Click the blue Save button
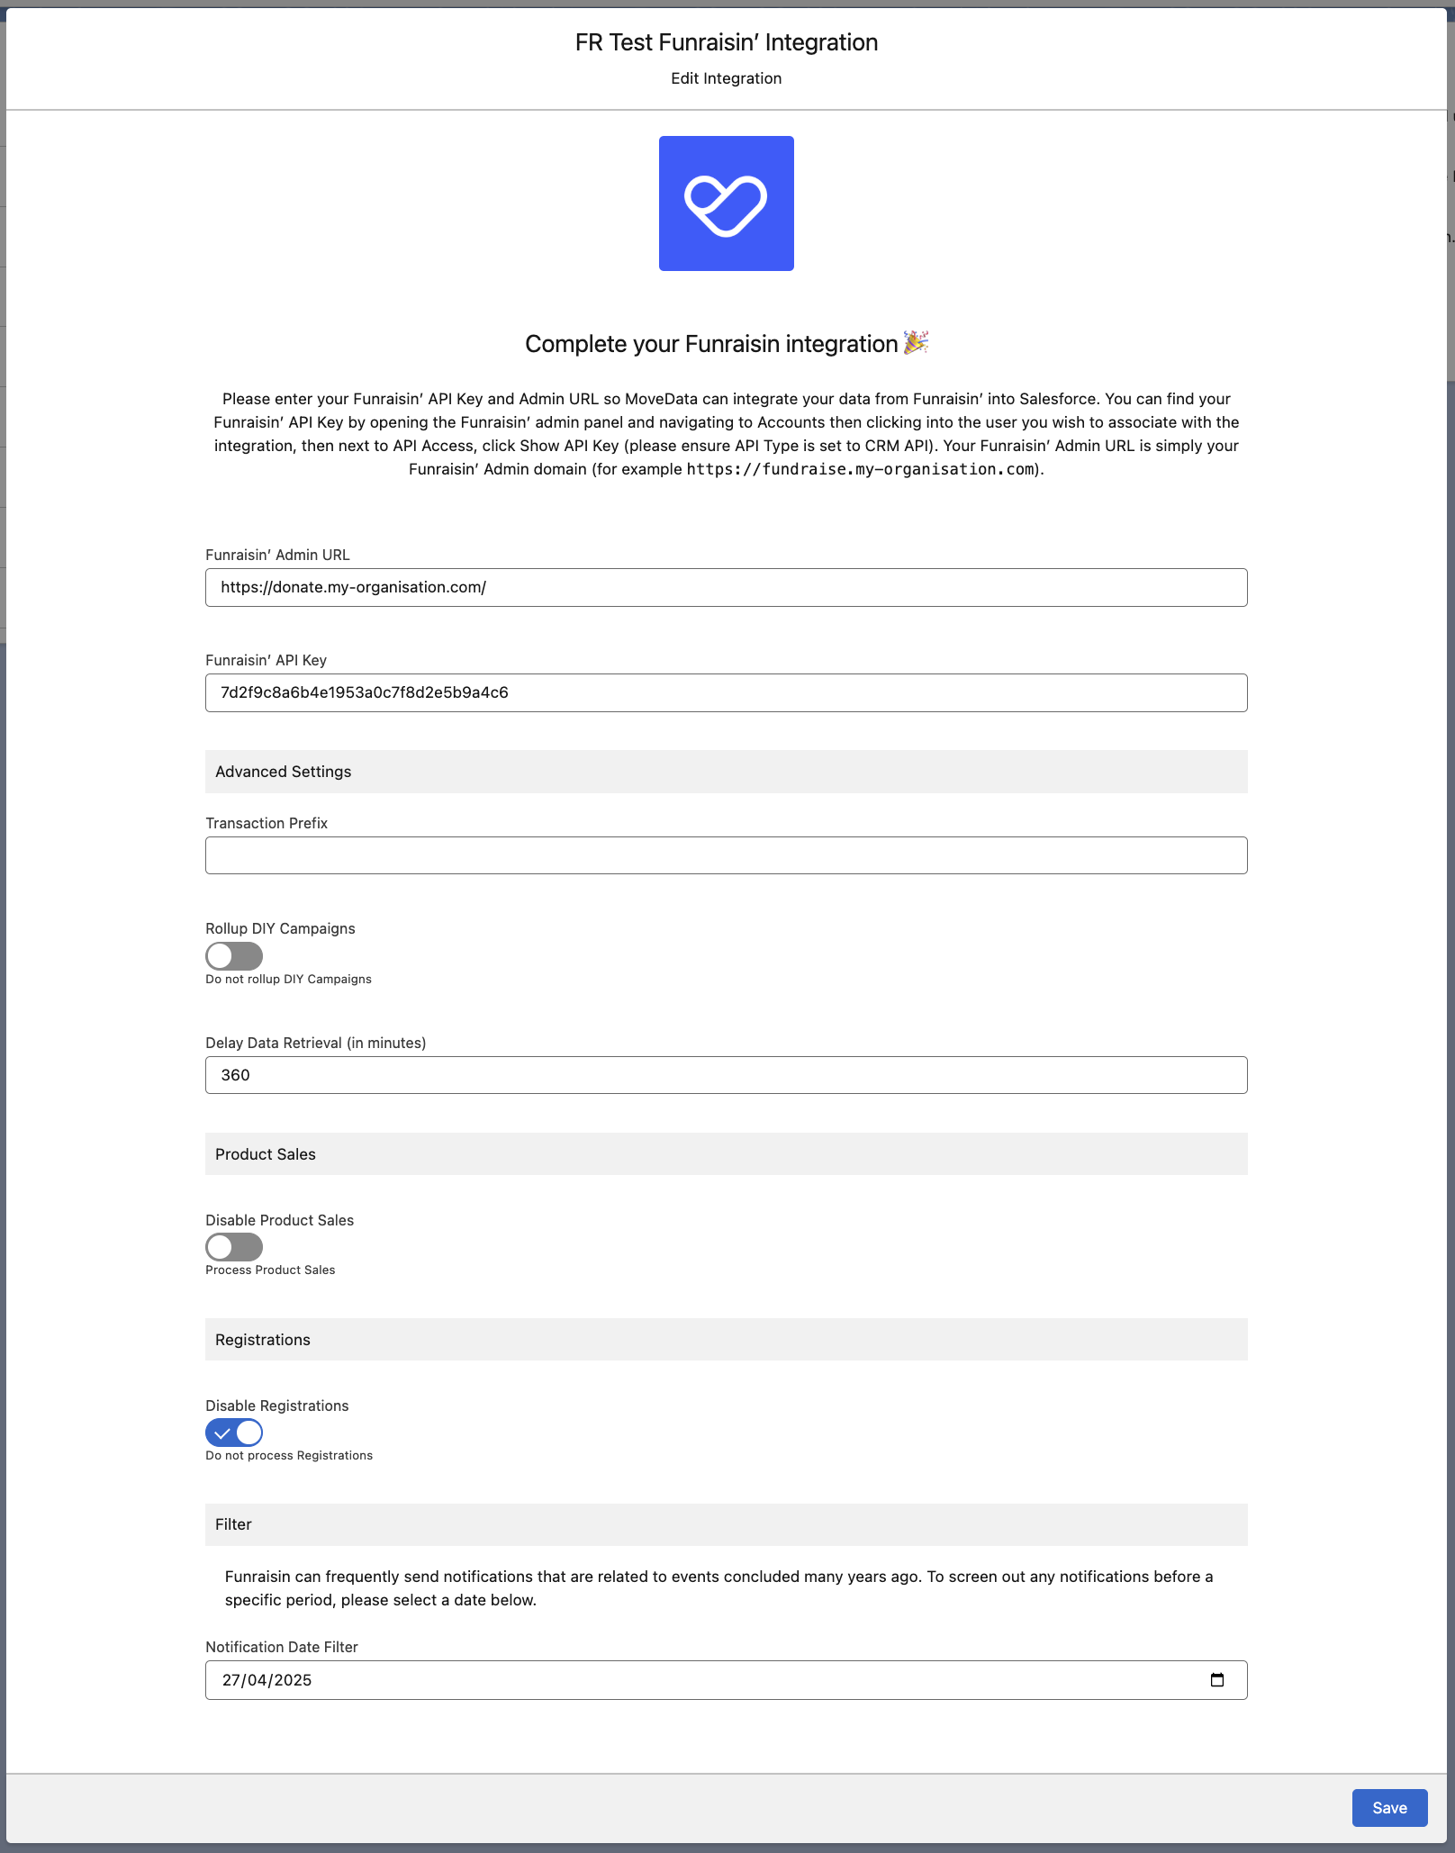[1389, 1808]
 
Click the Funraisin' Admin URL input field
[726, 588]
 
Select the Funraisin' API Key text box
[726, 693]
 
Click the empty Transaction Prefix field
[726, 855]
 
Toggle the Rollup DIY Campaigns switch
[234, 956]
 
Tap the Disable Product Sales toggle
[234, 1247]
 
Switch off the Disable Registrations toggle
[234, 1433]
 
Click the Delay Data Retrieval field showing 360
[726, 1075]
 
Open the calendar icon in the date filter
[1217, 1680]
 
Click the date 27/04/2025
[267, 1680]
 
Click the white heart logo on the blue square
[726, 204]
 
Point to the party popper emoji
[917, 342]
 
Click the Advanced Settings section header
[284, 772]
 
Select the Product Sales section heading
[266, 1154]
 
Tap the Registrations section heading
[263, 1340]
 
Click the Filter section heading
[233, 1524]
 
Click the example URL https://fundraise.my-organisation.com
[860, 469]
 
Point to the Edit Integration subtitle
[726, 78]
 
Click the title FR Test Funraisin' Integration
[726, 42]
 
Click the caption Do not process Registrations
[289, 1456]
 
